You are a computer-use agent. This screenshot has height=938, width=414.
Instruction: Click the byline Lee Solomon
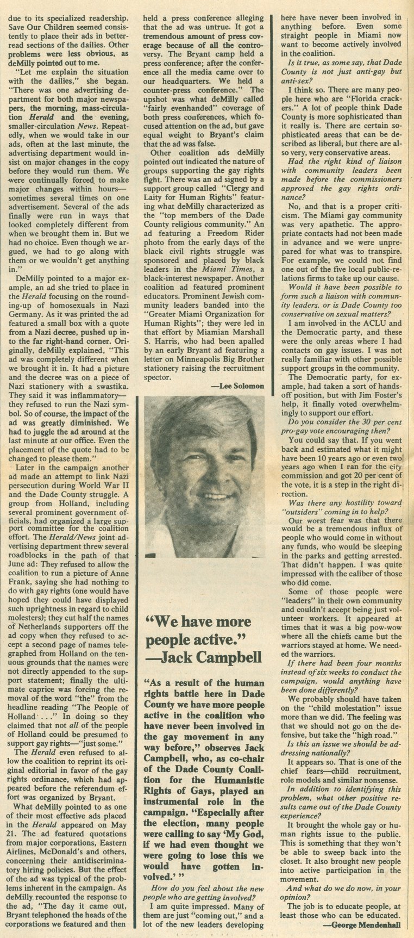coord(241,386)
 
